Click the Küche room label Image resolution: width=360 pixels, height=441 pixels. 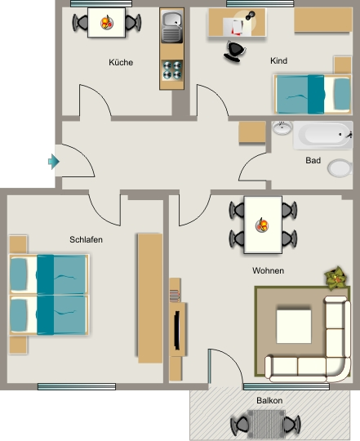(121, 62)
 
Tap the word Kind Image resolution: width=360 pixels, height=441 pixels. (279, 60)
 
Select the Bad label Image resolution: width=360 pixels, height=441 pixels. (313, 160)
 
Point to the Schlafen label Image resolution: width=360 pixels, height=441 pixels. (86, 239)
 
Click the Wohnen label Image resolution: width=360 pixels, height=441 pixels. (268, 270)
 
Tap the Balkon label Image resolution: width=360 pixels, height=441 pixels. (269, 400)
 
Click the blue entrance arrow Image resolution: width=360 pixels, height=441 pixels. (54, 162)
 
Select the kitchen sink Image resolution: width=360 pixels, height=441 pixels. (171, 27)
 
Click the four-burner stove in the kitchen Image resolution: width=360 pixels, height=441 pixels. (172, 70)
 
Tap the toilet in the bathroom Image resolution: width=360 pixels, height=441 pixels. (340, 168)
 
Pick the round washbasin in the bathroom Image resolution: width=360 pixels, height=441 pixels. (282, 128)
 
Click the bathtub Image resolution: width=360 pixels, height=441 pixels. (322, 135)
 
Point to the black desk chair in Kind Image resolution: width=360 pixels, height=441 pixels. (235, 51)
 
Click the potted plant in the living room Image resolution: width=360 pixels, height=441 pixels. (336, 278)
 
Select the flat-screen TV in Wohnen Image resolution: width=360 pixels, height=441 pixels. (177, 330)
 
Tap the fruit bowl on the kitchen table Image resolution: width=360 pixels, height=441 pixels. (107, 23)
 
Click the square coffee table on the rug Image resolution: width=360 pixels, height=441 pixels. (294, 327)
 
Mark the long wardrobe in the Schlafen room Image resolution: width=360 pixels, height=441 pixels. (150, 298)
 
